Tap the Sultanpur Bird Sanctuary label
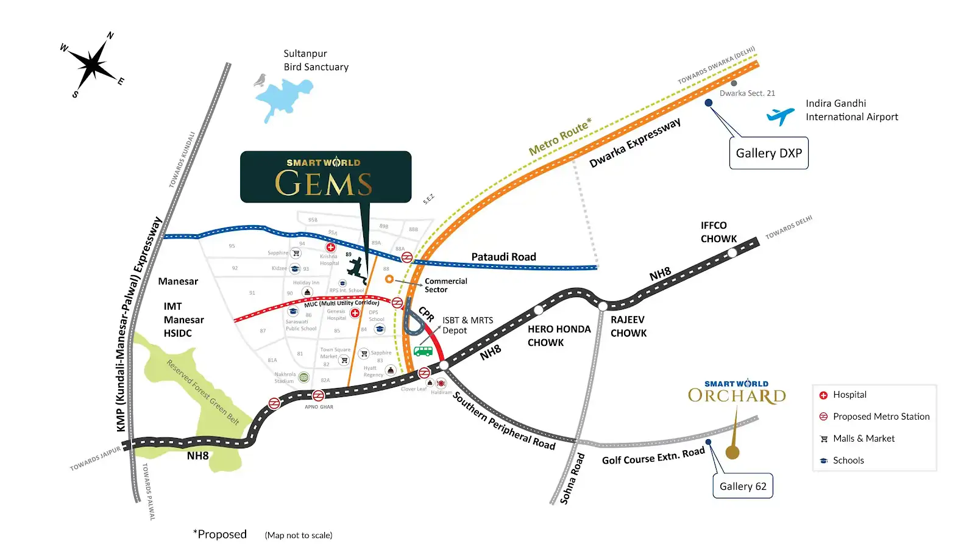[x=316, y=60]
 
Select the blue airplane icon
[x=781, y=115]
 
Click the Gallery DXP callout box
[x=768, y=153]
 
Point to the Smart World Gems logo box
[x=325, y=177]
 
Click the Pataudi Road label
[x=503, y=257]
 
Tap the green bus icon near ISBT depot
[x=423, y=351]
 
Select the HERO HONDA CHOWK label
[x=559, y=335]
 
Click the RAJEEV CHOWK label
[x=628, y=326]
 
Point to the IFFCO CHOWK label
[x=718, y=232]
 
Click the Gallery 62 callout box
[x=743, y=486]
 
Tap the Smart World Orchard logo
[x=737, y=392]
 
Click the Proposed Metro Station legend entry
[x=881, y=417]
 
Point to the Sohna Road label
[x=572, y=479]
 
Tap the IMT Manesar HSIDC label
[x=183, y=320]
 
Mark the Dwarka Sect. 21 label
[x=747, y=93]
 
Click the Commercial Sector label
[x=445, y=285]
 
